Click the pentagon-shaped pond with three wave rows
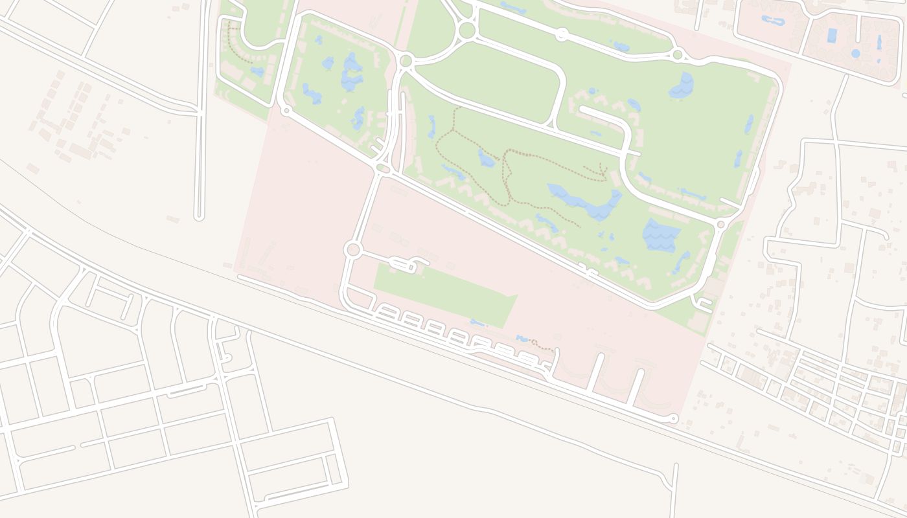[x=660, y=234]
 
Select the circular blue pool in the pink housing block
[x=856, y=53]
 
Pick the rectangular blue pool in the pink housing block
[x=832, y=35]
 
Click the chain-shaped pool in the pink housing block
[x=773, y=20]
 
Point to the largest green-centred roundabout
[x=466, y=30]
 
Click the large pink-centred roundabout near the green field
[x=352, y=249]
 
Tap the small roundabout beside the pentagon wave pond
[x=720, y=224]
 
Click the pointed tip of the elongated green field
[x=516, y=297]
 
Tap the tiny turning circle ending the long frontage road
[x=674, y=419]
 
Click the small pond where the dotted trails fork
[x=486, y=157]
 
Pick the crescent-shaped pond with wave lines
[x=682, y=84]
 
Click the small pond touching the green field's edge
[x=477, y=322]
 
